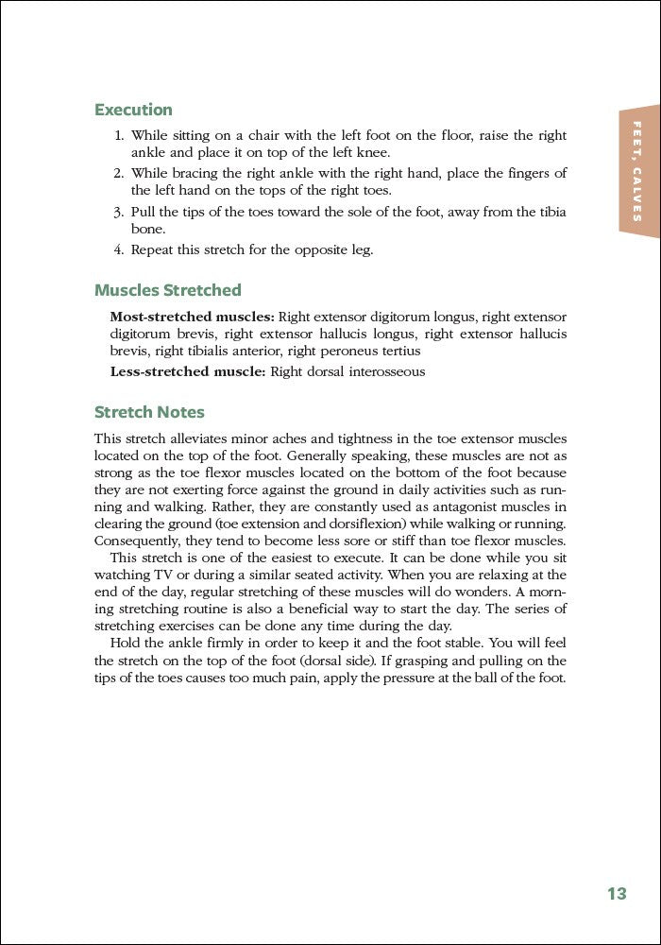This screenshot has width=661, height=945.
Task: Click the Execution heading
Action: (x=133, y=110)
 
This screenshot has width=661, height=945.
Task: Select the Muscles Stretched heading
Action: (x=168, y=290)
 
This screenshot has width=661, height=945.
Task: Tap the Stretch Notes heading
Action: (x=149, y=412)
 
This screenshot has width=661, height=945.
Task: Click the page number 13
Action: (x=617, y=893)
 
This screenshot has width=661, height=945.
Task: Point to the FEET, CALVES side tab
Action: (x=638, y=171)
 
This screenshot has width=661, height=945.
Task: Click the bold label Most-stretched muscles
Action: (x=192, y=317)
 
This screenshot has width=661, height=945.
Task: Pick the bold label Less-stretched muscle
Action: (x=188, y=371)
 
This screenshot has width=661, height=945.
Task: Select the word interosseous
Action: (x=387, y=371)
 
